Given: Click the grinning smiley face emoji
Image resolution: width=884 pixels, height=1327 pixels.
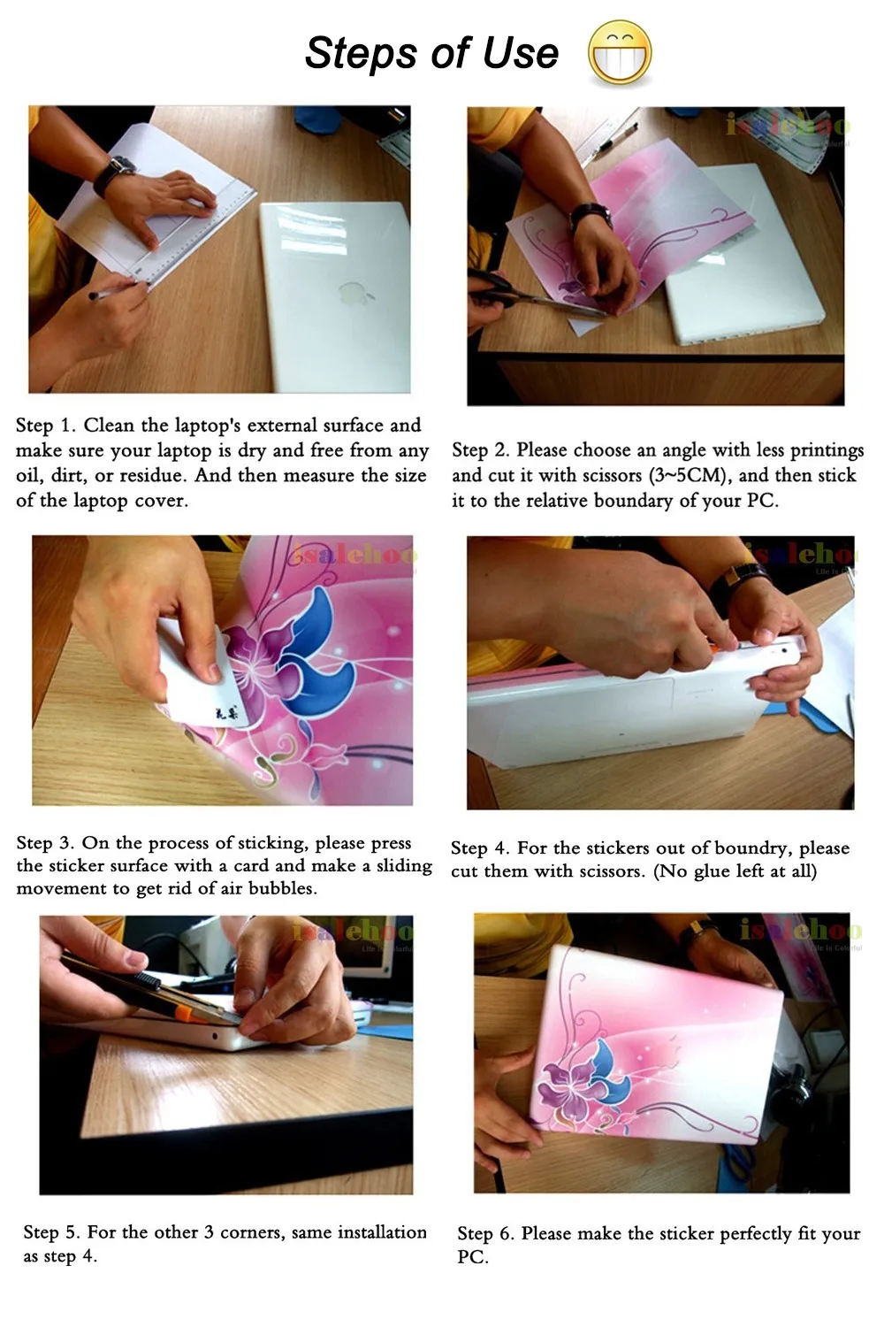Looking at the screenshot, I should pos(620,53).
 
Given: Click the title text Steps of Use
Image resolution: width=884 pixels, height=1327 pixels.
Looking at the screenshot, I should pos(431,53).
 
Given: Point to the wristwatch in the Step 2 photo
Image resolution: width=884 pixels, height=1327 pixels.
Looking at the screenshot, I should pos(590,214).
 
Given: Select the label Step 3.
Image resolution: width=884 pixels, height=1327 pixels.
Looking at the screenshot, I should pos(47,843).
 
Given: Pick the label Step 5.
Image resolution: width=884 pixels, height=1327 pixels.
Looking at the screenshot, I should pos(53,1232).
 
